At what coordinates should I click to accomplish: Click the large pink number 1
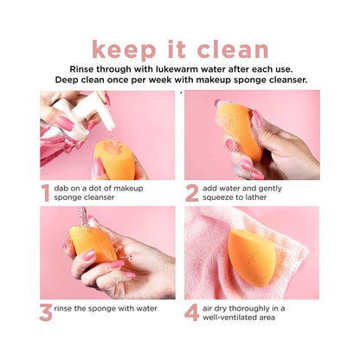click(45, 192)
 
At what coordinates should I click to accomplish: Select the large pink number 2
click(191, 192)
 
